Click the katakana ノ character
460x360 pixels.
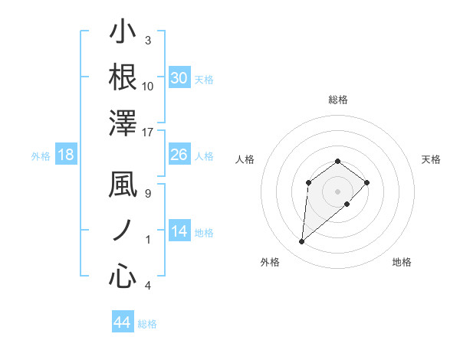pyautogui.click(x=123, y=231)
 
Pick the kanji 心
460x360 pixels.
pyautogui.click(x=123, y=276)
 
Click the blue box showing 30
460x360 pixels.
pyautogui.click(x=179, y=77)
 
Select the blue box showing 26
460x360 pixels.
pyautogui.click(x=179, y=155)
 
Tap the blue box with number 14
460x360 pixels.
pyautogui.click(x=179, y=231)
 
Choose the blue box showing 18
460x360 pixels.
pyautogui.click(x=66, y=155)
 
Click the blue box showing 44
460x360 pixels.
pyautogui.click(x=122, y=322)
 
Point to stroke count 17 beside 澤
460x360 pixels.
pyautogui.click(x=148, y=132)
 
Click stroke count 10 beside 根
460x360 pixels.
pyautogui.click(x=148, y=86)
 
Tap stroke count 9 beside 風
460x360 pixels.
pyautogui.click(x=148, y=193)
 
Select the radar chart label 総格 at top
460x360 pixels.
pyautogui.click(x=337, y=100)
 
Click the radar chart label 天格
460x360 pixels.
pyautogui.click(x=431, y=159)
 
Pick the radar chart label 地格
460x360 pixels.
pyautogui.click(x=402, y=263)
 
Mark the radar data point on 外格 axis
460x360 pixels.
pyautogui.click(x=302, y=242)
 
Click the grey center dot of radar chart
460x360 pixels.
pyautogui.click(x=337, y=191)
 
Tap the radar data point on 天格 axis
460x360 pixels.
pyautogui.click(x=367, y=182)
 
